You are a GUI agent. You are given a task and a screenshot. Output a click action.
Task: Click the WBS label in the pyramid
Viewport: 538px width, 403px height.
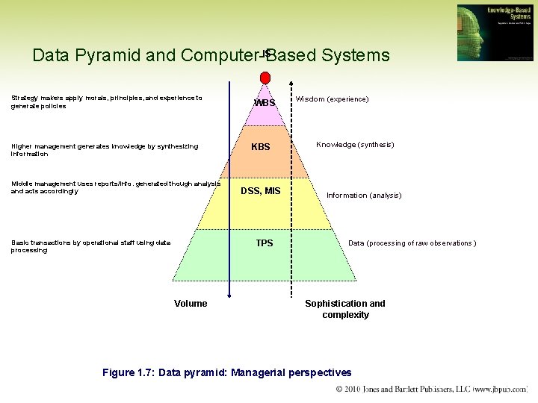click(x=265, y=102)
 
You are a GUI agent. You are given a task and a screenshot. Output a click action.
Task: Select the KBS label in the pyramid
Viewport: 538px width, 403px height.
click(x=261, y=147)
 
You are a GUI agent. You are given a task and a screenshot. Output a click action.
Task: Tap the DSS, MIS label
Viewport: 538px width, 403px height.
click(x=261, y=191)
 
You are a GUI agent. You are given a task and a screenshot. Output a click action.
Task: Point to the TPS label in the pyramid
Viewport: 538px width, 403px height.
click(x=265, y=243)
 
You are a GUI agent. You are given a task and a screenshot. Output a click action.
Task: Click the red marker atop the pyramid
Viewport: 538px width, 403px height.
click(x=265, y=78)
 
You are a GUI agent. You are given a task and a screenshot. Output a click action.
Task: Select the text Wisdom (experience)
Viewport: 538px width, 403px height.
click(x=332, y=99)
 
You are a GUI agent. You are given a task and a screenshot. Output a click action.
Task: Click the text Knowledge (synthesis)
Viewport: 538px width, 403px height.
click(x=355, y=145)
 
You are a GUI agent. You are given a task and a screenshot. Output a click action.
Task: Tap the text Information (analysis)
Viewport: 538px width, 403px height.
click(x=364, y=196)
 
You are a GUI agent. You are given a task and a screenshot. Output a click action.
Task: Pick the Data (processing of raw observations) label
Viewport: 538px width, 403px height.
click(x=412, y=243)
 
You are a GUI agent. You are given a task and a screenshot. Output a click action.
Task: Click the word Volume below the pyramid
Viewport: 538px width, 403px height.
click(x=191, y=304)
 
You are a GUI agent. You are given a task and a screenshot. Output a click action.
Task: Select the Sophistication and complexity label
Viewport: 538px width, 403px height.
click(x=345, y=309)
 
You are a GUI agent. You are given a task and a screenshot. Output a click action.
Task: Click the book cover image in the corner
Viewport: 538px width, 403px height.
click(x=495, y=33)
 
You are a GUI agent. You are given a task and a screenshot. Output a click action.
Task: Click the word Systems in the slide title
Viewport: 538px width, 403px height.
click(x=356, y=55)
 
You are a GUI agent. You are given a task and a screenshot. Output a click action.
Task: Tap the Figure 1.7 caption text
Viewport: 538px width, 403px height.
click(x=226, y=372)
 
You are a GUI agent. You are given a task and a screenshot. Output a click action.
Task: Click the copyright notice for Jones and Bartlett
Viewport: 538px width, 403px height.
click(x=432, y=390)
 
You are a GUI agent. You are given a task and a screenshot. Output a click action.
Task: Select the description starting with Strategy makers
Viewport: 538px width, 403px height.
click(x=106, y=102)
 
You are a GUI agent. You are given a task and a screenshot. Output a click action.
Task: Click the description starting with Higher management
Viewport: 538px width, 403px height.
click(x=104, y=150)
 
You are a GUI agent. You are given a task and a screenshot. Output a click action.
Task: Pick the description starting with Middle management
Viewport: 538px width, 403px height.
click(x=115, y=187)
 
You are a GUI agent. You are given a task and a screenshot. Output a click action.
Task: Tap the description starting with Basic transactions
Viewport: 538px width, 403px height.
click(x=90, y=246)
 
